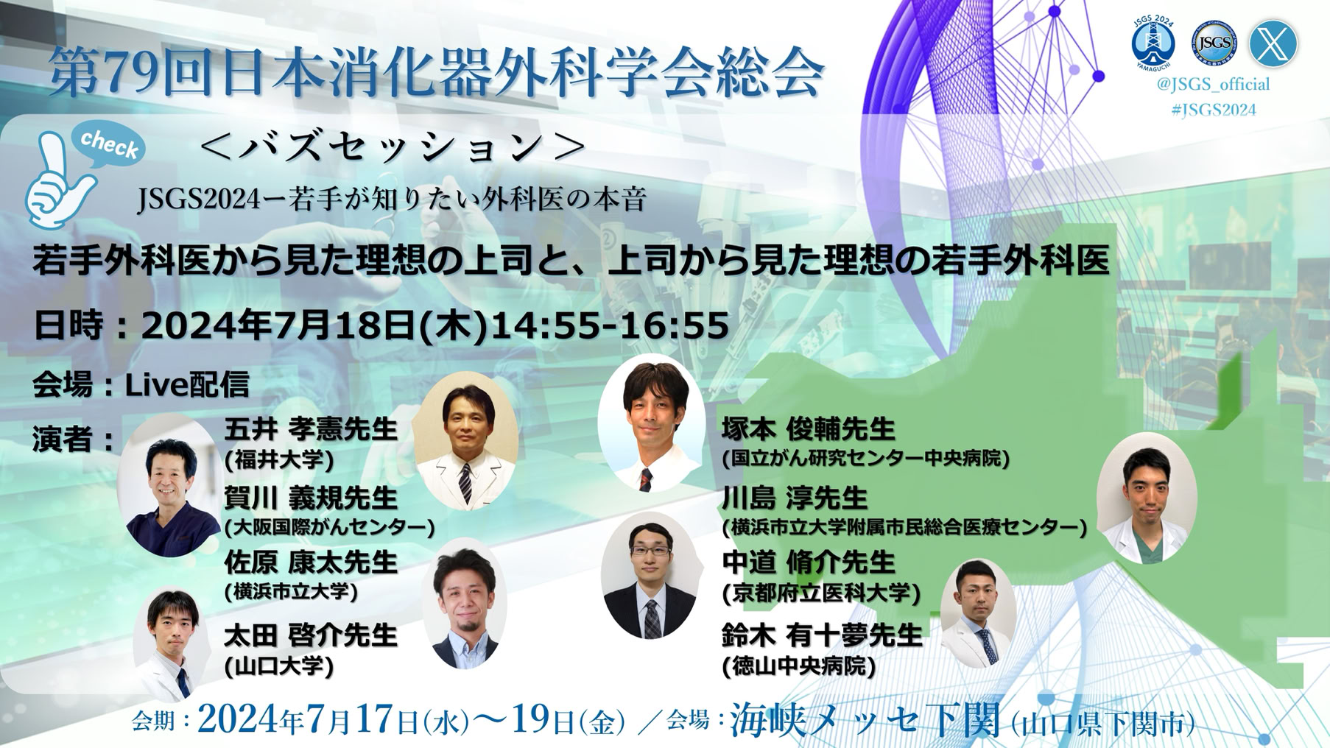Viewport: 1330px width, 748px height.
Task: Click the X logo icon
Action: click(1273, 43)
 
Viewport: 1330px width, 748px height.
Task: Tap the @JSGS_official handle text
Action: click(1213, 85)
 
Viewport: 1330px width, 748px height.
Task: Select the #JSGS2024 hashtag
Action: click(1213, 110)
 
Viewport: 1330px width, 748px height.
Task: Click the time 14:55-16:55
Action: click(609, 325)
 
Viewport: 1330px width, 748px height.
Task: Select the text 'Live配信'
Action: click(187, 384)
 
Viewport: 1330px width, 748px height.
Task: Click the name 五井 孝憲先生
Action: click(311, 428)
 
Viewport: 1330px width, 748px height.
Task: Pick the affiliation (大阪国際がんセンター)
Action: click(329, 527)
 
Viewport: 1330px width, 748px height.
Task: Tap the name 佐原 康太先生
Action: click(311, 562)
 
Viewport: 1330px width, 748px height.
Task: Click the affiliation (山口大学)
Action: click(279, 666)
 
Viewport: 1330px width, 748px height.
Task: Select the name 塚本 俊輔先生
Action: click(809, 428)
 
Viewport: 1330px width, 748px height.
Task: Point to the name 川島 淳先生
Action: click(795, 498)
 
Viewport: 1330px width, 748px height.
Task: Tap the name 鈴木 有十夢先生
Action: click(823, 635)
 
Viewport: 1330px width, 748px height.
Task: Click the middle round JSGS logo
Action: click(1214, 42)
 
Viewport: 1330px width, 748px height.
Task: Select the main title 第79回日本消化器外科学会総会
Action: click(436, 72)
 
